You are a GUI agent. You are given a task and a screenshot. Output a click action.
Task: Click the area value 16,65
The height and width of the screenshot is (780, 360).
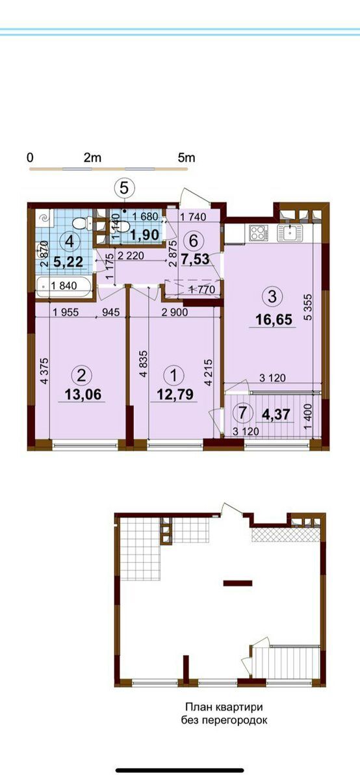click(x=274, y=319)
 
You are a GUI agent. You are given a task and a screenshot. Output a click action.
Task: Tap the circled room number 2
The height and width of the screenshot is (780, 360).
click(x=82, y=375)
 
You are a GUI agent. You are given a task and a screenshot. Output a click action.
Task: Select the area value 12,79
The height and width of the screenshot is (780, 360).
click(x=175, y=394)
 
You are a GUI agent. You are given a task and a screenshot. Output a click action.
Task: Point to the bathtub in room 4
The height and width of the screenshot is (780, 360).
click(x=64, y=287)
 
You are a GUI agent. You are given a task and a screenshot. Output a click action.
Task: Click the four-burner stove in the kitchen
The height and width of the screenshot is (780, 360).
click(x=257, y=232)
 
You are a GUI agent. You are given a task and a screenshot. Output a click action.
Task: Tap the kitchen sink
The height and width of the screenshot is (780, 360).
click(x=290, y=232)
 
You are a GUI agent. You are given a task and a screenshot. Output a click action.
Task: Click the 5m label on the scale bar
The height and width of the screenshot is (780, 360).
click(x=186, y=158)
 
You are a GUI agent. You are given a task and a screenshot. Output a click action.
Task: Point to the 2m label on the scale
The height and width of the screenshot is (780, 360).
click(x=92, y=158)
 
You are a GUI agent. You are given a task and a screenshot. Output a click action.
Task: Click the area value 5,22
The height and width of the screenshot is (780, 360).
click(x=69, y=262)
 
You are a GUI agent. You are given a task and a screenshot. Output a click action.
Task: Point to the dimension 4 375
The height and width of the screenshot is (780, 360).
click(x=44, y=371)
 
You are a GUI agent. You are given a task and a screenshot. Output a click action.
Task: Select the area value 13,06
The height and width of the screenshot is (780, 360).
click(x=83, y=394)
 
